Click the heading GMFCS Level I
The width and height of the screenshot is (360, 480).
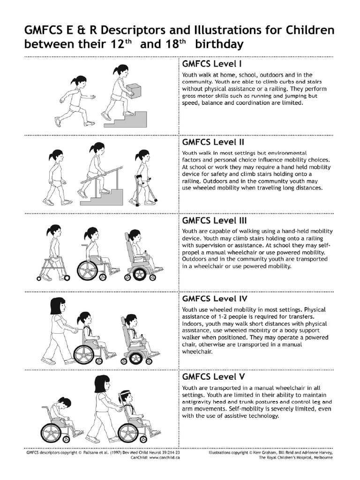212,64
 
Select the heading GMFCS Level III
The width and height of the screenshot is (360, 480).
214,220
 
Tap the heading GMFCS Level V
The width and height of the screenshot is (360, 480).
213,376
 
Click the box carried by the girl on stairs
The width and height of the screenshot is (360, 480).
134,89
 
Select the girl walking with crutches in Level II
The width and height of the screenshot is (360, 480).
143,178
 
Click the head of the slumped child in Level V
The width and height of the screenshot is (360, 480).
65,405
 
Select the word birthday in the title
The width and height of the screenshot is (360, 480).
219,44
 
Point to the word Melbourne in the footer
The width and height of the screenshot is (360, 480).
322,457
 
